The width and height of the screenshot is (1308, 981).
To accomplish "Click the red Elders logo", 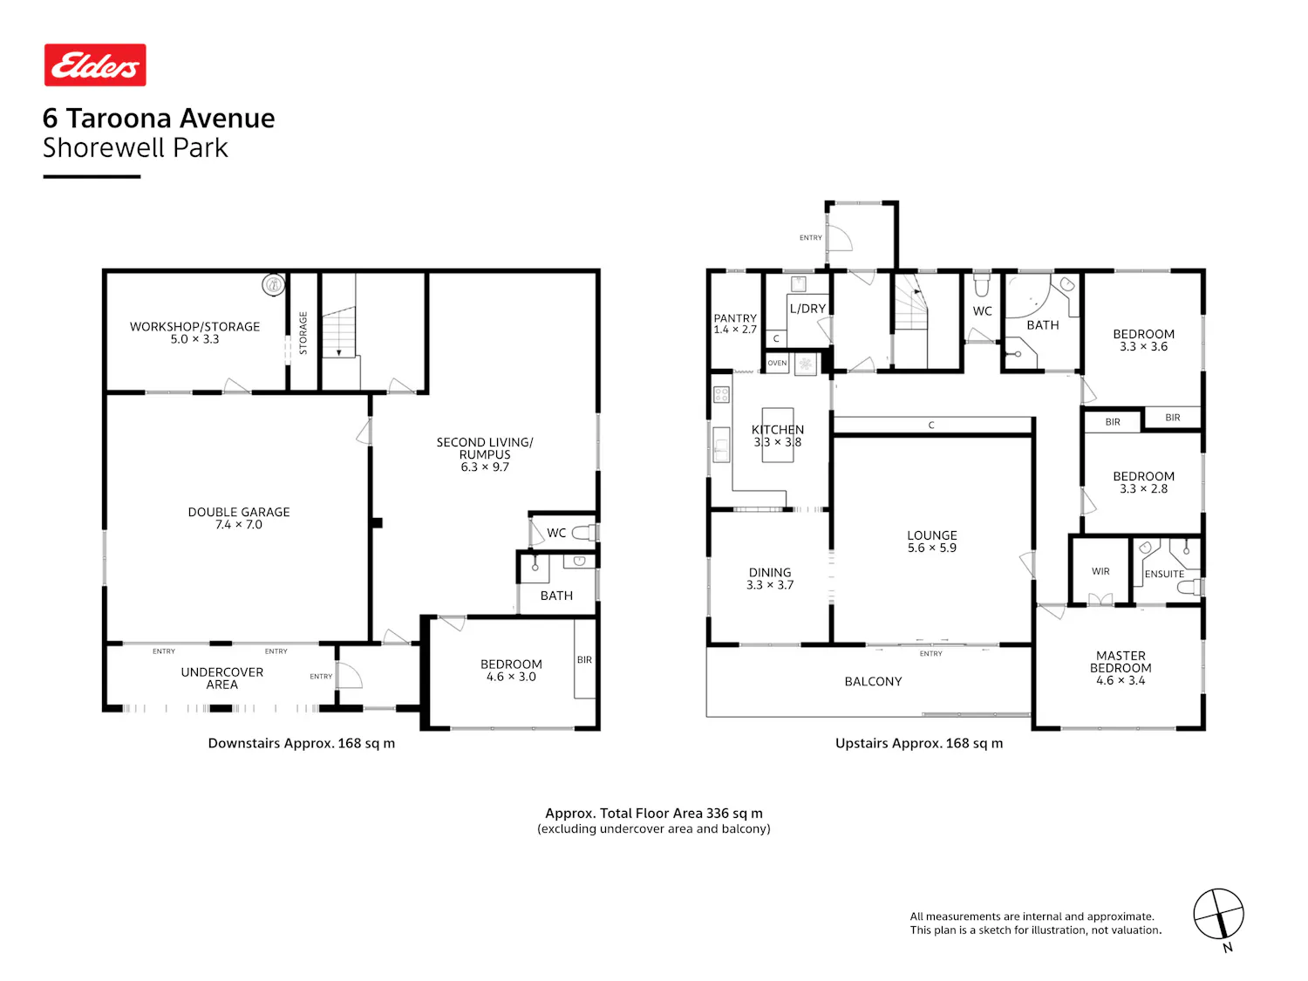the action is coord(95,65).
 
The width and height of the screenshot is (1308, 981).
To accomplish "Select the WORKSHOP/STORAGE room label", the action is coord(194,332).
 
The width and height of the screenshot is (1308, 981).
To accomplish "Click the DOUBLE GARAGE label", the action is coord(239,518).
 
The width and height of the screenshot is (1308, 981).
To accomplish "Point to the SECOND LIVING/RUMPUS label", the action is coord(485,453).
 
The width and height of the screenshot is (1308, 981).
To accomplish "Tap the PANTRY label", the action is coord(735,324).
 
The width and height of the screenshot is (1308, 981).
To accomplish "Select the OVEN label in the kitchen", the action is coord(776,363).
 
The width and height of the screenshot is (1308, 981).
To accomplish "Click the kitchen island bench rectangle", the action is coord(778,435).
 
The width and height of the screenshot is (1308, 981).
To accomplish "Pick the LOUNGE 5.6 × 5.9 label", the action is coord(931,542).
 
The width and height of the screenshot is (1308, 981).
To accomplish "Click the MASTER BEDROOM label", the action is coord(1121,668).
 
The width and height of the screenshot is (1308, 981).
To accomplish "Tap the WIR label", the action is coord(1100,571).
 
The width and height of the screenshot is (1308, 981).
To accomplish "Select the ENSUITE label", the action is coord(1164,574).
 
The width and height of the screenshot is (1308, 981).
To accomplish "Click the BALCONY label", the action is coord(873,681).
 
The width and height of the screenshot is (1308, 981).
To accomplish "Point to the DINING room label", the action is coord(770,578).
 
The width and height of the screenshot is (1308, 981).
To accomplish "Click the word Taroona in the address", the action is coord(119,118).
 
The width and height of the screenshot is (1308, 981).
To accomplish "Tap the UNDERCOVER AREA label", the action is coord(221,678).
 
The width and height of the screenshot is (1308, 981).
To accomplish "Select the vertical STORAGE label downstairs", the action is coord(303,333).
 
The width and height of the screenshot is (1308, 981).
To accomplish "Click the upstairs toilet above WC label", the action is coord(982,285).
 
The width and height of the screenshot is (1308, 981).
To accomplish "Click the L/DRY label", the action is coord(807,309).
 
